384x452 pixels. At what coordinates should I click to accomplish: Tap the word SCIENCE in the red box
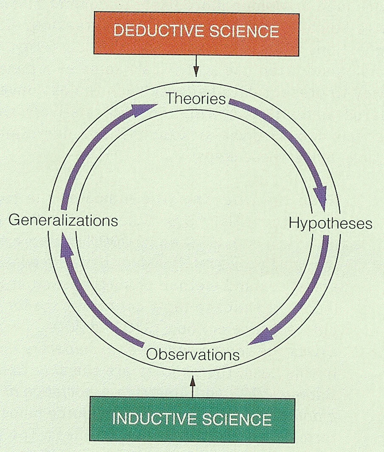[244, 32]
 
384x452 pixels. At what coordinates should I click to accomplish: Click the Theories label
[195, 99]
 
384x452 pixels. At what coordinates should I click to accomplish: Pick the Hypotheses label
[330, 223]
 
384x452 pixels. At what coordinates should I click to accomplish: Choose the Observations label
[193, 354]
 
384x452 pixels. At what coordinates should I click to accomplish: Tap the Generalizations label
[63, 220]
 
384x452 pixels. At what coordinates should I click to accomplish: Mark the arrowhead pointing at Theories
[140, 110]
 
